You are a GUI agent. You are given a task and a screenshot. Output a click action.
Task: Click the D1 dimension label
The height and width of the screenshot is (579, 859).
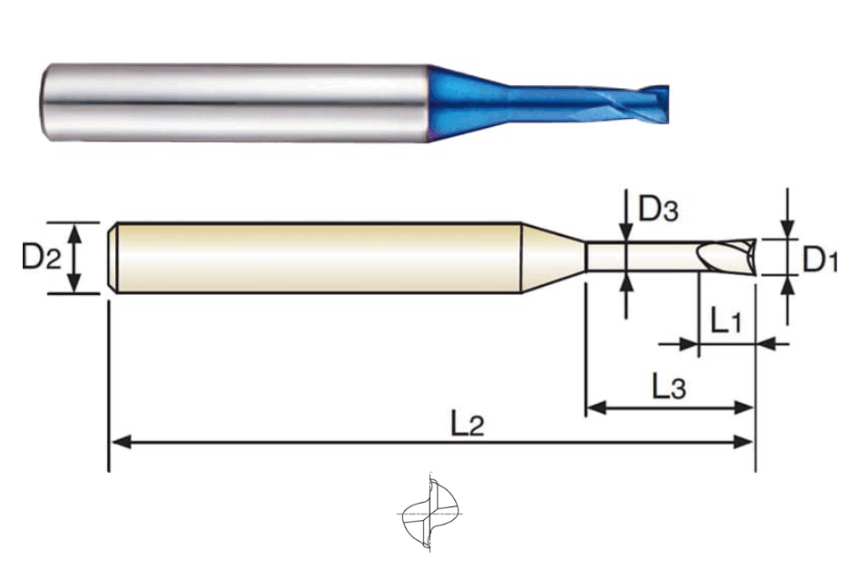tap(820, 260)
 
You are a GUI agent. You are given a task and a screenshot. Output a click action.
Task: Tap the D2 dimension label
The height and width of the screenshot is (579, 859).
tap(41, 255)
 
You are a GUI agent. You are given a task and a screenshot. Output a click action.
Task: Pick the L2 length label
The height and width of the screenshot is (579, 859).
tap(468, 423)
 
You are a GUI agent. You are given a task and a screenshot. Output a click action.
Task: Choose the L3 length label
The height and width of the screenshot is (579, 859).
tap(669, 386)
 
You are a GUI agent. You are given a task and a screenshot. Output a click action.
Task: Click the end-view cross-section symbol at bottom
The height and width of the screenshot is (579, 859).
tap(430, 513)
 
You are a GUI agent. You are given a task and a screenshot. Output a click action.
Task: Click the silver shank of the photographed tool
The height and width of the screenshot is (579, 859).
tap(234, 103)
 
